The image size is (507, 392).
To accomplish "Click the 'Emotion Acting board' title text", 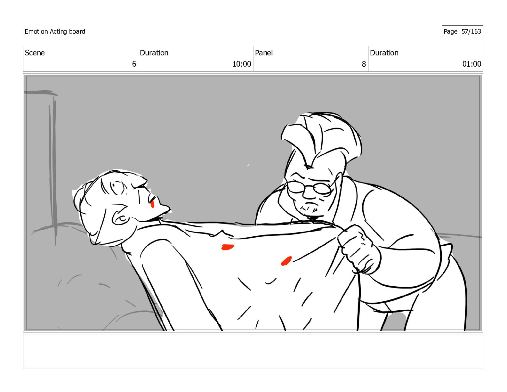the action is [55, 31].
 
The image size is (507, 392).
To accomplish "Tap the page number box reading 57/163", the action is [462, 31].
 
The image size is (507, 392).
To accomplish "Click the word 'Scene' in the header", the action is [35, 53].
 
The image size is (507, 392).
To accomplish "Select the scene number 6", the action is [134, 64].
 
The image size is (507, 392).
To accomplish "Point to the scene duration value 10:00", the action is [242, 64].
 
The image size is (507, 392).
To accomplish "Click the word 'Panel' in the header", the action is [264, 53].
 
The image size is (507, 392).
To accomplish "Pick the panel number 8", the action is [364, 64].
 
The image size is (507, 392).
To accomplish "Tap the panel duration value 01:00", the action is [472, 64].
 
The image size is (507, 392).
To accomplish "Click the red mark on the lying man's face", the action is [152, 204].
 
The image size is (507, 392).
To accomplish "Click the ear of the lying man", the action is [120, 219].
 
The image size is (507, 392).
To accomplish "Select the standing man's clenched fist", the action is [358, 249].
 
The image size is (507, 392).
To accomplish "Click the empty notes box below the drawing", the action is [253, 352].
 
